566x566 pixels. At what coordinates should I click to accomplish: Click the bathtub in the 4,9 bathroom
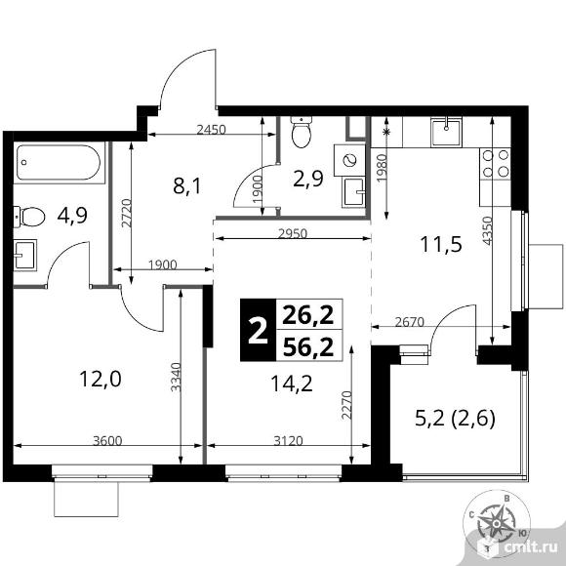tap(59, 162)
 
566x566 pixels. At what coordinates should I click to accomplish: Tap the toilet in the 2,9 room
tap(301, 132)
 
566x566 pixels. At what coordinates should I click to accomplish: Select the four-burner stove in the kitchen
tap(496, 163)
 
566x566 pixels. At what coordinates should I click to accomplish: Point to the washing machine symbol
tap(349, 160)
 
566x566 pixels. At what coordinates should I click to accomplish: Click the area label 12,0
tap(101, 380)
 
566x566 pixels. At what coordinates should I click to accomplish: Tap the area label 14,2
tap(292, 384)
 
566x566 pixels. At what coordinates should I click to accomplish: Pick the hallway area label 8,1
tap(186, 186)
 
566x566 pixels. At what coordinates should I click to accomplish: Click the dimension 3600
tap(107, 441)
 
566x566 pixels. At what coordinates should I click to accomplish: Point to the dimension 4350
tap(487, 231)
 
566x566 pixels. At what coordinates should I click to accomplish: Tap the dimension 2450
tap(211, 129)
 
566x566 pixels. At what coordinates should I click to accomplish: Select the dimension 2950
tap(293, 233)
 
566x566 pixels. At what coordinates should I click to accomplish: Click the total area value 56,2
tap(308, 347)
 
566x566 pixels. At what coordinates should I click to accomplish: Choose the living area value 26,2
tap(308, 315)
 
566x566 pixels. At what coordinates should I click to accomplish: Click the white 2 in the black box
tap(258, 332)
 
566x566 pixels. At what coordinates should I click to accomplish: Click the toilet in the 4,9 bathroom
tap(29, 217)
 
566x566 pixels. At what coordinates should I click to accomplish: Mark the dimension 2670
tap(409, 322)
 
